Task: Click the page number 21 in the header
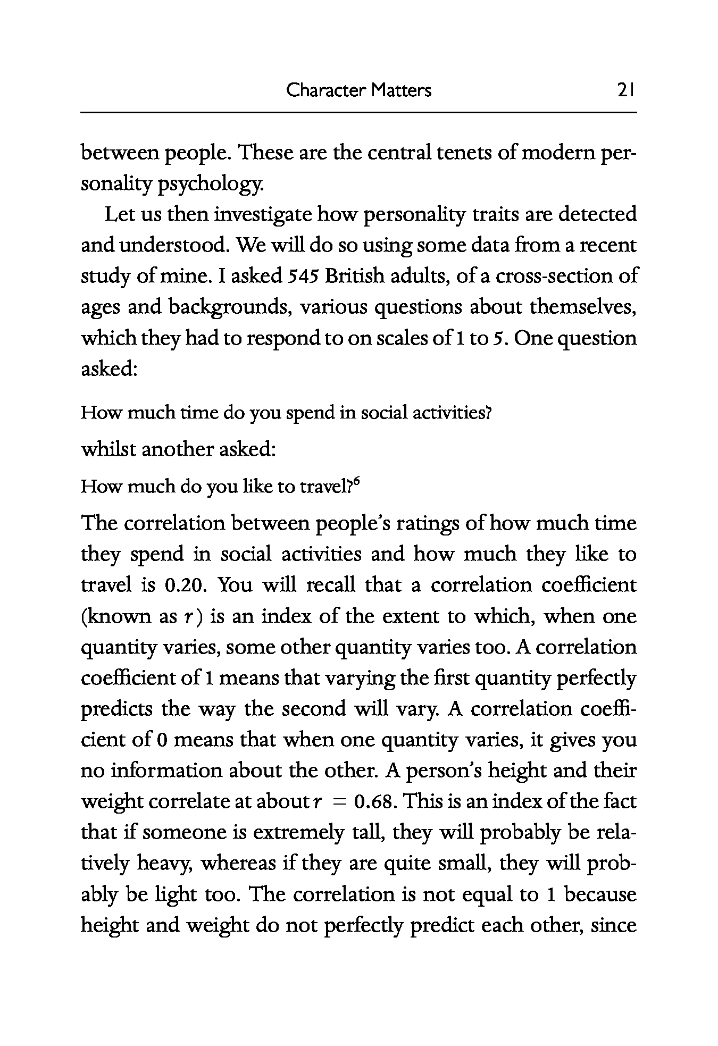(625, 90)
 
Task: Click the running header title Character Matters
(358, 90)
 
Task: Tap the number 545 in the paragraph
(303, 277)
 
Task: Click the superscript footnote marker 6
(357, 481)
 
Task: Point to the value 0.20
(182, 585)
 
